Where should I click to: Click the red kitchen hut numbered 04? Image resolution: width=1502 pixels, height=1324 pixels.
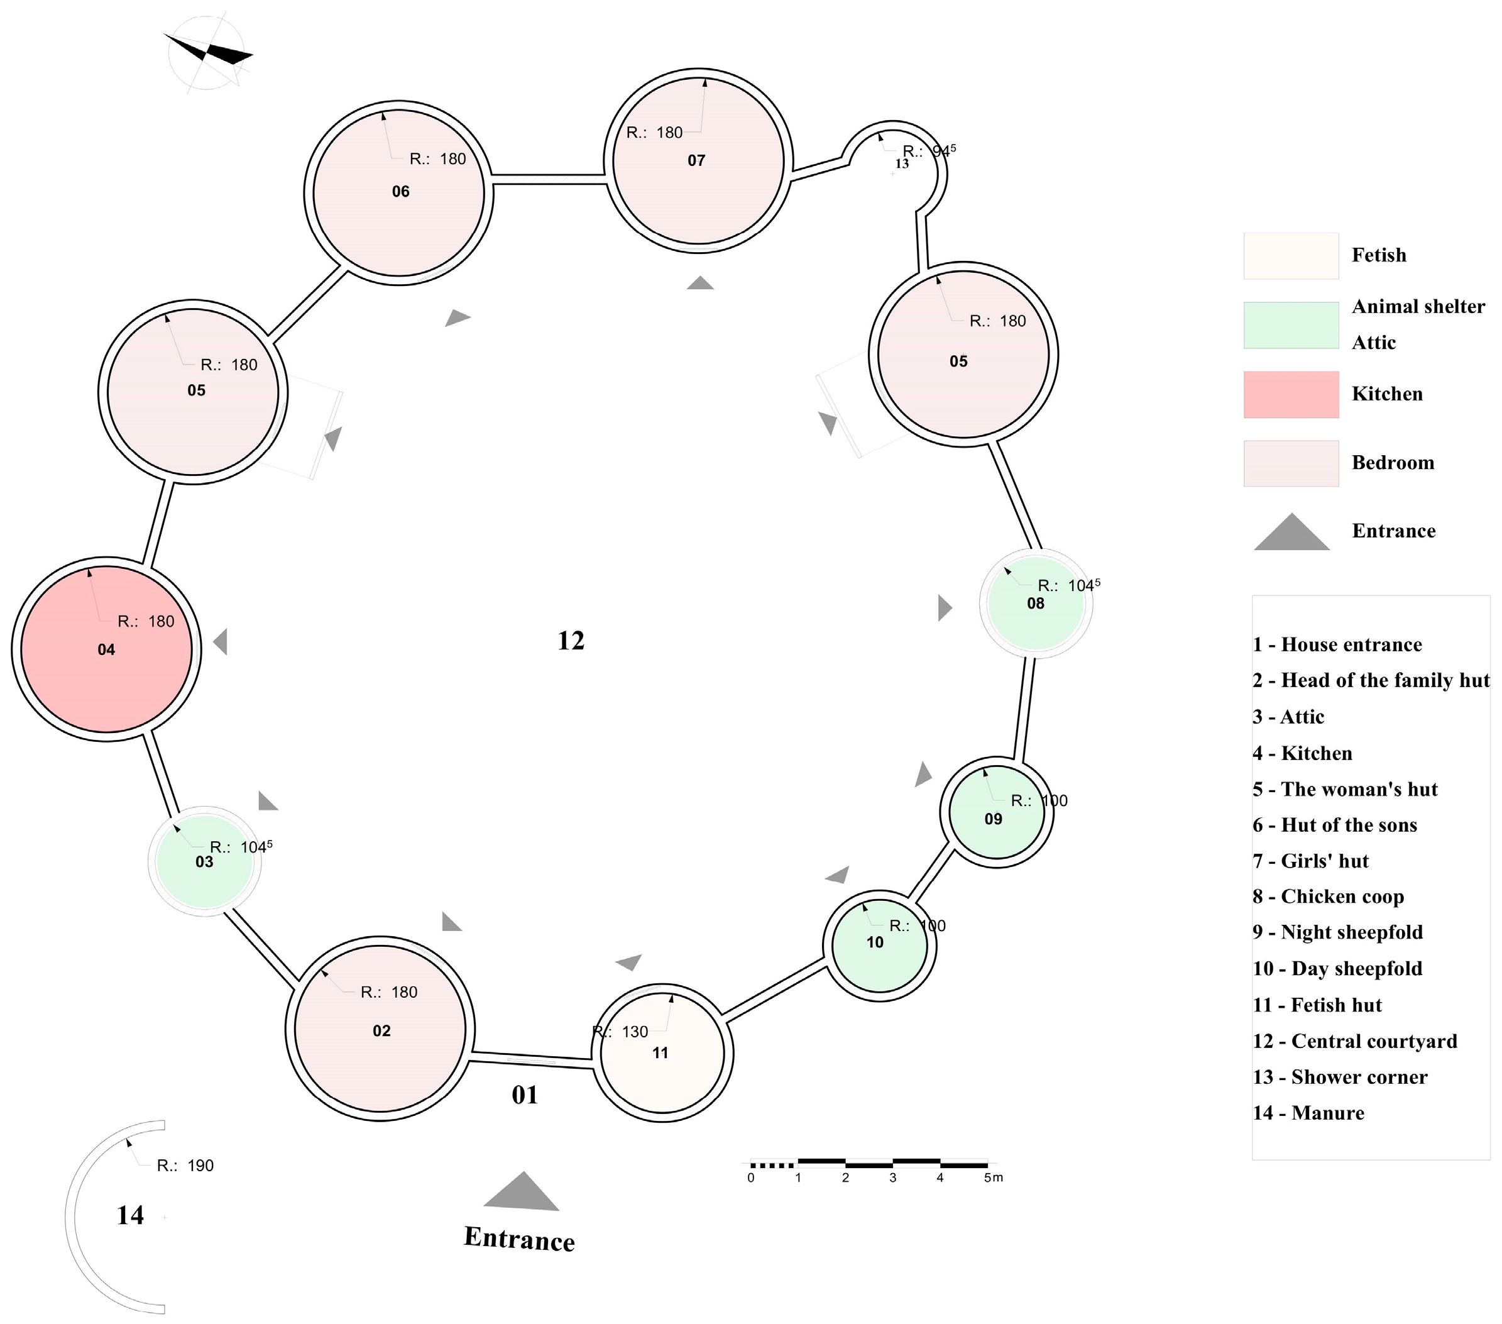[107, 650]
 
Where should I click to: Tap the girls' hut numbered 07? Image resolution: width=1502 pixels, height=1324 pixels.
[698, 160]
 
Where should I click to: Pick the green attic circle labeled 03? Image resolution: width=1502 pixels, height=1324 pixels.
[204, 861]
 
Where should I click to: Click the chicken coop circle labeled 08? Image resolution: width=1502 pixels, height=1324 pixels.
[1036, 603]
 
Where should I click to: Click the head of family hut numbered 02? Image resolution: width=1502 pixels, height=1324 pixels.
[380, 1029]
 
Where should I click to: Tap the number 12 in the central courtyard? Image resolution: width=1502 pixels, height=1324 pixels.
[571, 641]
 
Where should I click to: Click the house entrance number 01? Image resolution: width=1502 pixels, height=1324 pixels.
[525, 1095]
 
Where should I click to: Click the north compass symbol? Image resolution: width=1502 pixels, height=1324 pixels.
[208, 53]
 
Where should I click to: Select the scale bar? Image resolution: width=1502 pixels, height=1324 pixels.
[869, 1164]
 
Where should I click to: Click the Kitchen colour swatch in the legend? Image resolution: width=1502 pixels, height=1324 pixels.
[1290, 395]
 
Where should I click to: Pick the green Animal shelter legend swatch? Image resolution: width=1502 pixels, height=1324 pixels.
[1290, 325]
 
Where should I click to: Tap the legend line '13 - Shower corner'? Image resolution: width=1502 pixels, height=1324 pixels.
[1340, 1077]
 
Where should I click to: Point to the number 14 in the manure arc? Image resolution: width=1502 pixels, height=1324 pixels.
[130, 1215]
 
